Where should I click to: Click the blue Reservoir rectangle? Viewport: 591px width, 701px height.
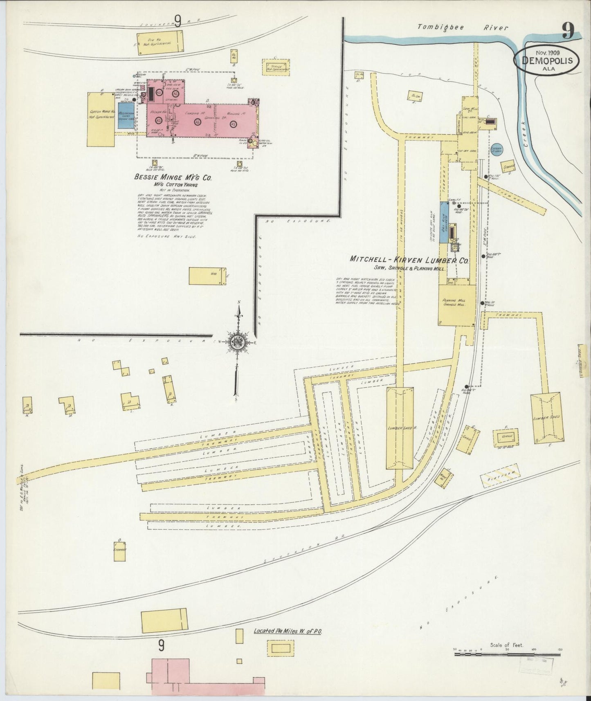[126, 115]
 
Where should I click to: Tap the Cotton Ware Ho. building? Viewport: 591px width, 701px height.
[101, 119]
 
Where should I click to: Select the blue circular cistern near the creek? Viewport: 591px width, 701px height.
[497, 151]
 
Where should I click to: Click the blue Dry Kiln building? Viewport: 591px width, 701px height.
[444, 222]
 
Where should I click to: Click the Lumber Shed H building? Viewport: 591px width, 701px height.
[400, 428]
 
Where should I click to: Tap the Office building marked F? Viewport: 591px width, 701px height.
[506, 437]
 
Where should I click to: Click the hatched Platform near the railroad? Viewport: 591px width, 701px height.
[501, 476]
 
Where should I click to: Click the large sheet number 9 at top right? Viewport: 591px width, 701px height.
[568, 30]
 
